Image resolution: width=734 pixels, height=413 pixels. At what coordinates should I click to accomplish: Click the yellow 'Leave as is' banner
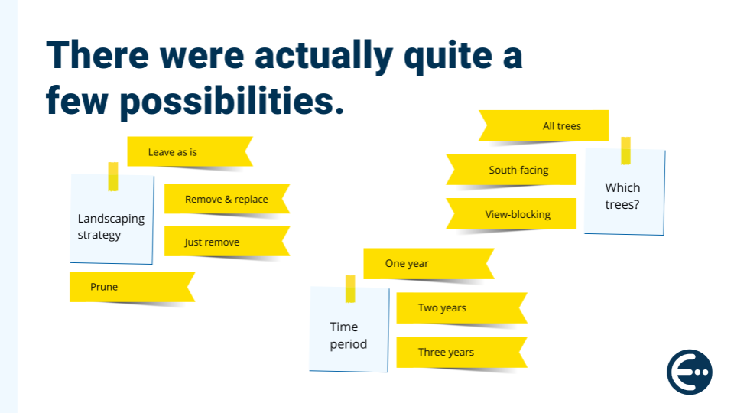pyautogui.click(x=190, y=151)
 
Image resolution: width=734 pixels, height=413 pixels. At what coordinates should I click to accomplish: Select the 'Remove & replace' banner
pyautogui.click(x=226, y=199)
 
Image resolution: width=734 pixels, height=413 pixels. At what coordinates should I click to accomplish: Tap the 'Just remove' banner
pyautogui.click(x=226, y=242)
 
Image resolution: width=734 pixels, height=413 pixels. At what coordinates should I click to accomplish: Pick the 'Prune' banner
pyautogui.click(x=132, y=287)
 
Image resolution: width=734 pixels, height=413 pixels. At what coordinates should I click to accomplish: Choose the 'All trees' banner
pyautogui.click(x=544, y=125)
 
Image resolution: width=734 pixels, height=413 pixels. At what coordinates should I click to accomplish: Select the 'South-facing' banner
pyautogui.click(x=512, y=170)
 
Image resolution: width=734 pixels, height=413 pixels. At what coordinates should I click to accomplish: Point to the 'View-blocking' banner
pyautogui.click(x=512, y=213)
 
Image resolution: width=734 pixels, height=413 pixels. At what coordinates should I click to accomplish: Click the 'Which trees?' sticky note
pyautogui.click(x=625, y=192)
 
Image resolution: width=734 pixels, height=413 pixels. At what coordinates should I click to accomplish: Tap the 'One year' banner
pyautogui.click(x=429, y=264)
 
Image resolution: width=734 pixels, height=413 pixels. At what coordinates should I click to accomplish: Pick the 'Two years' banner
pyautogui.click(x=462, y=307)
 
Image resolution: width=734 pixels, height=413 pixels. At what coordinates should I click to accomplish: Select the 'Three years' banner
pyautogui.click(x=462, y=352)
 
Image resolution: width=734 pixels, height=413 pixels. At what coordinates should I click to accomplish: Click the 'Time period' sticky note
pyautogui.click(x=349, y=330)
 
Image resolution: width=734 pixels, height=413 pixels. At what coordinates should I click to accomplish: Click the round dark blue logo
pyautogui.click(x=690, y=372)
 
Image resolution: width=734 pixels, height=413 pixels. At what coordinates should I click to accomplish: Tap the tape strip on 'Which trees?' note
pyautogui.click(x=626, y=151)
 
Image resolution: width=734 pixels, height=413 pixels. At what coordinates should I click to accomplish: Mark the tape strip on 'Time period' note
pyautogui.click(x=350, y=289)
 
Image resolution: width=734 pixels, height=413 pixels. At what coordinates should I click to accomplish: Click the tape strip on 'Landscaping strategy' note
pyautogui.click(x=113, y=177)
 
